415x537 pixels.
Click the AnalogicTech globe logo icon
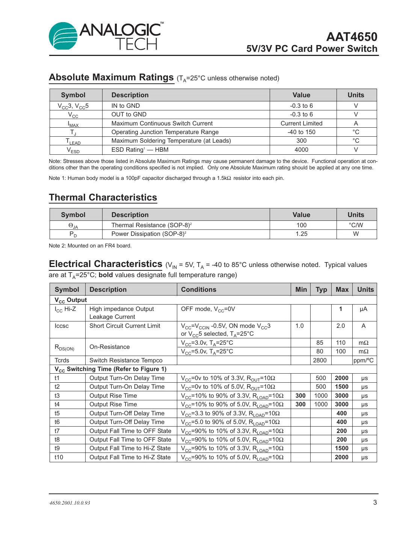tap(63, 36)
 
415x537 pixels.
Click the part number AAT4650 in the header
tap(352, 37)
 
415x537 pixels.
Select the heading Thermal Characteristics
tap(103, 198)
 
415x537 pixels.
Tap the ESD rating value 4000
tap(301, 150)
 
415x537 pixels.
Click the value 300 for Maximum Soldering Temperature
tap(301, 141)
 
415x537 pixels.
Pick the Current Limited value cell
tap(301, 123)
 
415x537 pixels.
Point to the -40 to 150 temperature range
tap(301, 132)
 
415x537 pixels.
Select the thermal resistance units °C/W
tap(356, 225)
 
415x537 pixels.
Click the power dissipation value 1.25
tap(301, 234)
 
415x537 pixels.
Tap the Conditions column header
tap(199, 290)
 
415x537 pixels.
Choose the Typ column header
tap(321, 290)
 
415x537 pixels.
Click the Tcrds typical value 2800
tap(320, 361)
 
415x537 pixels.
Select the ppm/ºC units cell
tap(364, 361)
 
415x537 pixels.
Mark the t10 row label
tap(59, 457)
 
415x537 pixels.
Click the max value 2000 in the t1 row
tap(341, 378)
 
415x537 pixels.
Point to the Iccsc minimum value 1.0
tap(299, 326)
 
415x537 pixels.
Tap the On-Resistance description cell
tap(110, 347)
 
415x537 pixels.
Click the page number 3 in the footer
tap(375, 502)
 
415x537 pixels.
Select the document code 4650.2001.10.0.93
tap(70, 503)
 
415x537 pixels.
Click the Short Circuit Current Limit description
tap(125, 326)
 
